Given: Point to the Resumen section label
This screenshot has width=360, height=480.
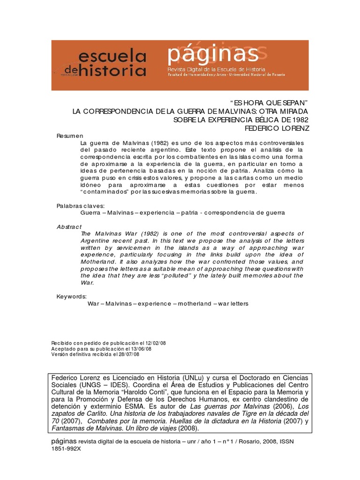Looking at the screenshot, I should [x=70, y=135].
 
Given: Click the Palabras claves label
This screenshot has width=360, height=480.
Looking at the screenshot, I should [x=81, y=205].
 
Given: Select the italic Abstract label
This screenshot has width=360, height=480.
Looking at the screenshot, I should [x=69, y=226].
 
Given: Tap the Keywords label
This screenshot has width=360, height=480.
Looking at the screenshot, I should [x=72, y=296].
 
